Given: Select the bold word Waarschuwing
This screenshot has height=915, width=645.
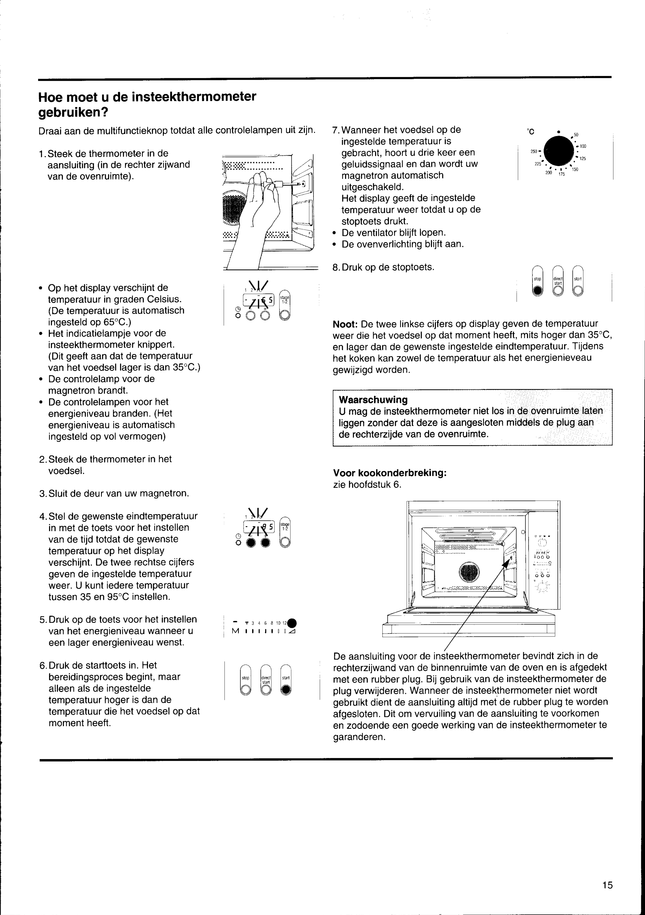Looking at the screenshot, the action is click(373, 400).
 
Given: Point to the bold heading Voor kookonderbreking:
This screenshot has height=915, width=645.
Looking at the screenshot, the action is click(390, 473).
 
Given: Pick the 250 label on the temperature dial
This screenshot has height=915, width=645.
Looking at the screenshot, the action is click(534, 151).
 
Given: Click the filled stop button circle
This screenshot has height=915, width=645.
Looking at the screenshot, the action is click(538, 291).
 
